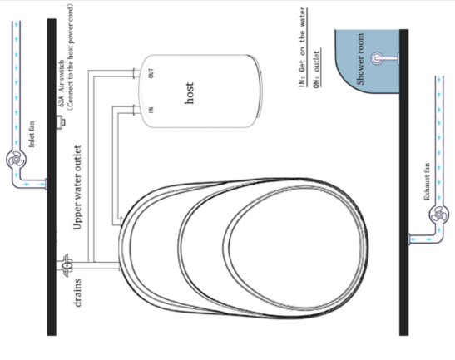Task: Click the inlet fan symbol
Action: (16, 160)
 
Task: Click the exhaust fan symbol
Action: (438, 215)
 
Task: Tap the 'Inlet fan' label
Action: (32, 134)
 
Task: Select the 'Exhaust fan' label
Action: (427, 181)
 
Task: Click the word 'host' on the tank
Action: (189, 93)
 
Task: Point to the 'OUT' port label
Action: (151, 73)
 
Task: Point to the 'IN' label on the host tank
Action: (151, 110)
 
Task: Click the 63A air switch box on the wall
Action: (61, 122)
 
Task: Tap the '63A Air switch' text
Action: (62, 83)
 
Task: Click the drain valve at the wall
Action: (67, 265)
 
